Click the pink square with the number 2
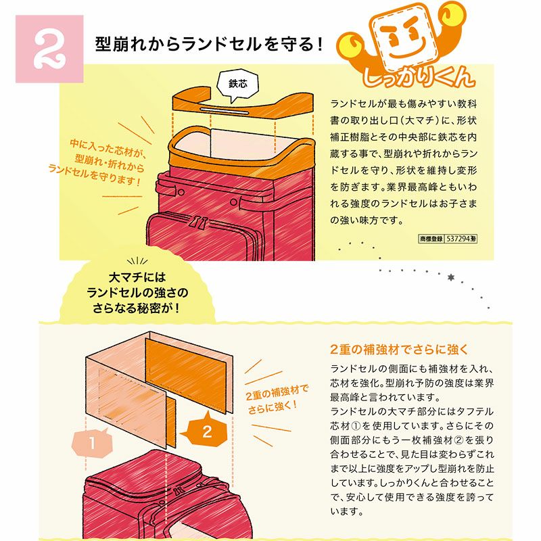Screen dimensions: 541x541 click(x=49, y=49)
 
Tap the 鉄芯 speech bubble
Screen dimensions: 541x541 click(x=237, y=84)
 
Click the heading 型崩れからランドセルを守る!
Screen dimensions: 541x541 click(x=209, y=44)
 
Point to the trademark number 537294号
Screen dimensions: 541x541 click(x=461, y=239)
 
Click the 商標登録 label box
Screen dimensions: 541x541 click(x=431, y=239)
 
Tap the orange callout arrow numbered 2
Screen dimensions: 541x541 click(x=204, y=431)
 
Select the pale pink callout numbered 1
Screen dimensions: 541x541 click(x=92, y=443)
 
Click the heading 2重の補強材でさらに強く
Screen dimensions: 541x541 click(x=398, y=350)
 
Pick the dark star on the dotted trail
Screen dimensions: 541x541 click(x=450, y=277)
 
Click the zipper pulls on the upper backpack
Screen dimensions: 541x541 click(x=199, y=223)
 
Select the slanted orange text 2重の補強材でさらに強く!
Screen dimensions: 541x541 click(x=276, y=399)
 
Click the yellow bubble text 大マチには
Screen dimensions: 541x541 click(x=137, y=277)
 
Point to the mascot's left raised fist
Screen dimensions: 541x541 click(x=349, y=43)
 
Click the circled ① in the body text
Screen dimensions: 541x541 click(x=356, y=426)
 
